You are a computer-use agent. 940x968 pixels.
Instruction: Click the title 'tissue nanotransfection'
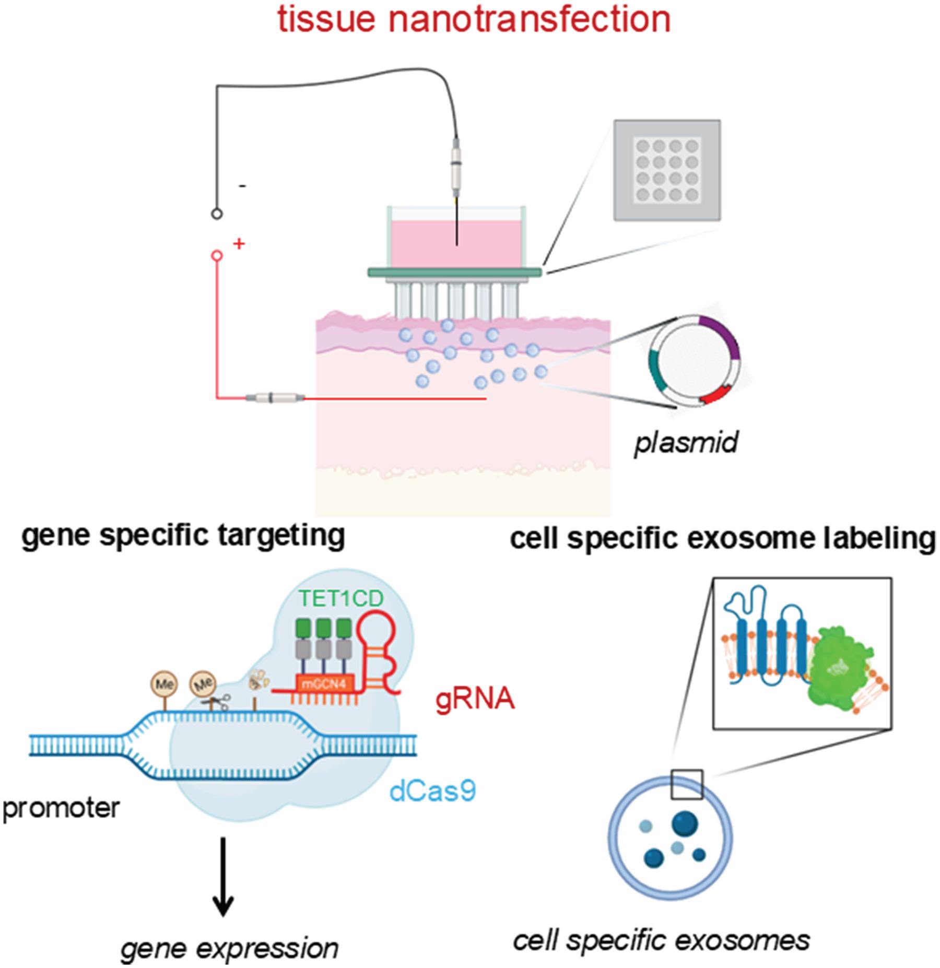(474, 20)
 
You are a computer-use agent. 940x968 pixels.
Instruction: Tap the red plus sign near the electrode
(239, 243)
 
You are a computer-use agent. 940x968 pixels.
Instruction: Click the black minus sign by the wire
(243, 186)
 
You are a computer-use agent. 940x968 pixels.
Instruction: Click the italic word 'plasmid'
(686, 443)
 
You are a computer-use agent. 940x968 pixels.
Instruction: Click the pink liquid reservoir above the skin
(456, 244)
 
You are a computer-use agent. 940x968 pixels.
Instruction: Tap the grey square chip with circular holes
(667, 170)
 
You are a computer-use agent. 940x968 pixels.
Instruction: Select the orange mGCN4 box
(324, 683)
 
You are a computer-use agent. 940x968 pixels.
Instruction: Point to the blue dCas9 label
(432, 792)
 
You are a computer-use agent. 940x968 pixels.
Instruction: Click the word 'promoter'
(61, 808)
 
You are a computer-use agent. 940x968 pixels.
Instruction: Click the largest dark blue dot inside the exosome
(685, 823)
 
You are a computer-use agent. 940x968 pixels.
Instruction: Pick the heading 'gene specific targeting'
(183, 536)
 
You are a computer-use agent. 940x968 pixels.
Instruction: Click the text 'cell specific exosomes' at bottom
(661, 940)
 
